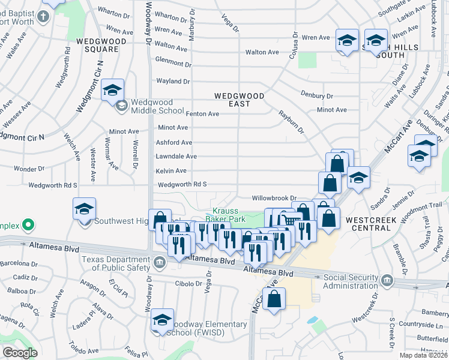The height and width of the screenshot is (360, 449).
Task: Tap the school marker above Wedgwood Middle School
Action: coord(112,91)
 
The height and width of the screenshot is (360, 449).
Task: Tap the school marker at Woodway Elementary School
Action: coord(162,320)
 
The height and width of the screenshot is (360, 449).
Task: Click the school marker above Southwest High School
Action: coord(85,209)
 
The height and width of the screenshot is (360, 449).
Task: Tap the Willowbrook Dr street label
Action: coord(275,197)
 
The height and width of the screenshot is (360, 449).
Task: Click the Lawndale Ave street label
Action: coord(176,156)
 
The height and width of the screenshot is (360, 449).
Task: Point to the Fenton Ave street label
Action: coord(202,113)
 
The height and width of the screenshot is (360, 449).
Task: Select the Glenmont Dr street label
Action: coord(173,62)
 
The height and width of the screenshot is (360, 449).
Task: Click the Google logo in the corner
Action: coord(19,352)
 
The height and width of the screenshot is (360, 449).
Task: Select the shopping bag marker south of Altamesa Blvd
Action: coord(274,301)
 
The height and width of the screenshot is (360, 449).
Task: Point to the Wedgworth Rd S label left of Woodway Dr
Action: coord(53,185)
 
